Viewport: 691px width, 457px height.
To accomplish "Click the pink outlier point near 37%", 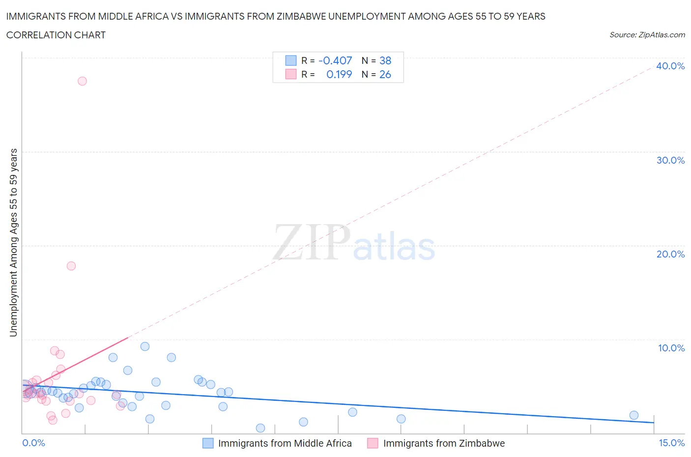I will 82,81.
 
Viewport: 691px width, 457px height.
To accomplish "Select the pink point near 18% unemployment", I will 71,266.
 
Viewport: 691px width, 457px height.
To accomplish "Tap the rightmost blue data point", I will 634,415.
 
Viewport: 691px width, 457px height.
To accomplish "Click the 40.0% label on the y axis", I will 670,66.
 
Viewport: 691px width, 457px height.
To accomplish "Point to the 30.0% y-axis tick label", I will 670,160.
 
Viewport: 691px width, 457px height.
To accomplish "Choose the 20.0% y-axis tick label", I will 670,254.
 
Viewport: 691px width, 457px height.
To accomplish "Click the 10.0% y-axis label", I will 671,348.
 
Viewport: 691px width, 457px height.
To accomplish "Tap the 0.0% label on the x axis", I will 33,443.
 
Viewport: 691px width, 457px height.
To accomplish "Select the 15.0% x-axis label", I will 671,443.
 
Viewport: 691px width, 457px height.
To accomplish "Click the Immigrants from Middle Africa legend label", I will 285,443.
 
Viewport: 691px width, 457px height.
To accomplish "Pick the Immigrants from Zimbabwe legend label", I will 444,443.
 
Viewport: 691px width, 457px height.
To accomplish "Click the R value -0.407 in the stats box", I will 335,60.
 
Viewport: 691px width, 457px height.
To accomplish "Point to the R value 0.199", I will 339,74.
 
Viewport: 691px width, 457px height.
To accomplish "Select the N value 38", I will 385,60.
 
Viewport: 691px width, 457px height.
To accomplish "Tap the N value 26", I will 385,74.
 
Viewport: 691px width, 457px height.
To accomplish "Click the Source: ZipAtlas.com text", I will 647,34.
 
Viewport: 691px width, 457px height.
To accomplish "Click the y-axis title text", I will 13,243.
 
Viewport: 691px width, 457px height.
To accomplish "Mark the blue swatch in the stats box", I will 291,60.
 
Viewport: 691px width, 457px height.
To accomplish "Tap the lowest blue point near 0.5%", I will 260,428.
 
